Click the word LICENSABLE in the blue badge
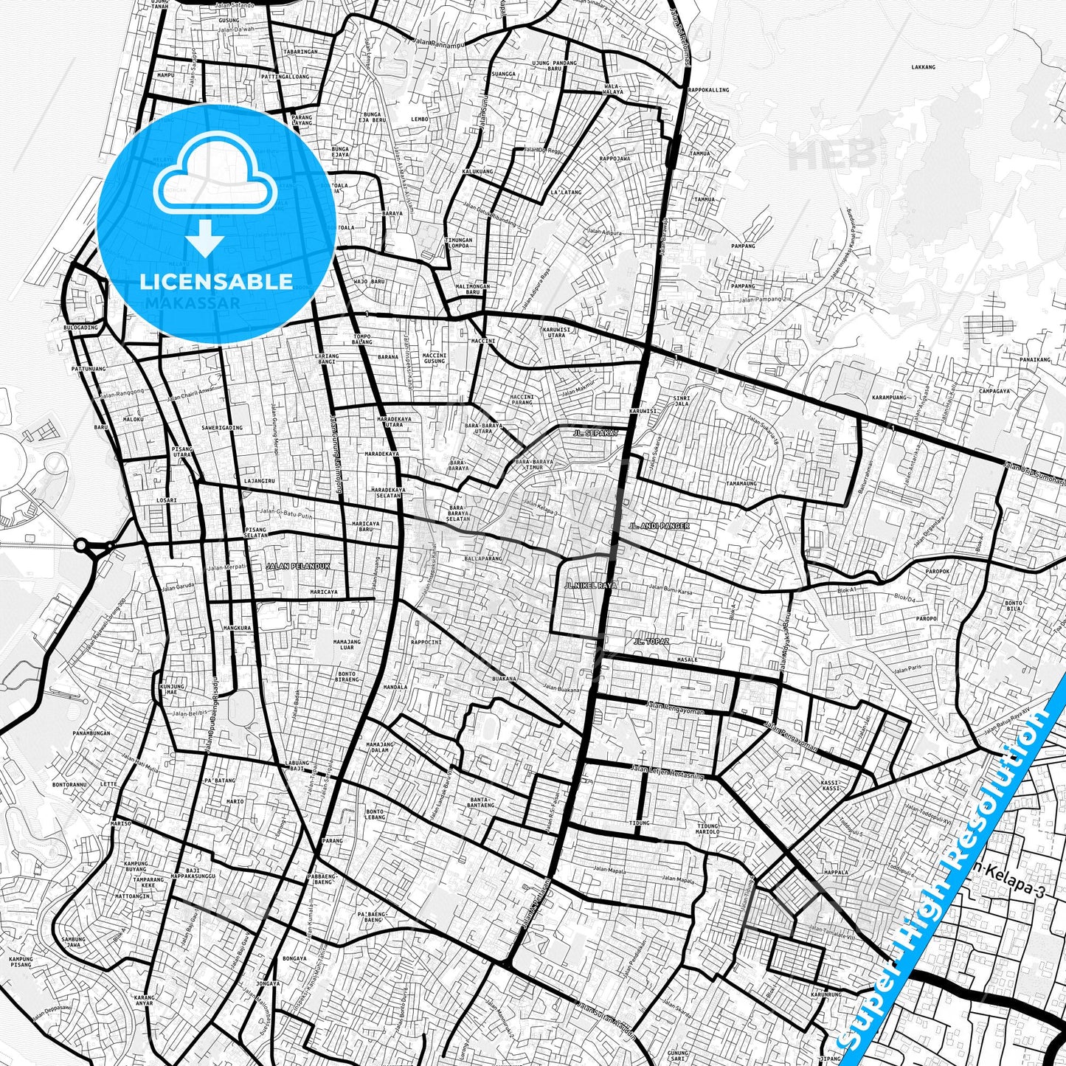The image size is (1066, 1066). [x=216, y=282]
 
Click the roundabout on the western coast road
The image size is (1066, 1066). [x=82, y=547]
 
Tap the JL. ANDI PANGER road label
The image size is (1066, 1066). [x=659, y=526]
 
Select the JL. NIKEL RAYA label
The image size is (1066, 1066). [x=589, y=585]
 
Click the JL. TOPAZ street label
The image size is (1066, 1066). [x=650, y=642]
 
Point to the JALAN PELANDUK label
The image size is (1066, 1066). [x=297, y=567]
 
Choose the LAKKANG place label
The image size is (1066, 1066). [x=923, y=67]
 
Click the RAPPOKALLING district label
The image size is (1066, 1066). [x=708, y=90]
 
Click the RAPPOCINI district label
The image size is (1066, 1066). [x=426, y=642]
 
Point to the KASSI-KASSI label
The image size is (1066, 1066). [x=830, y=785]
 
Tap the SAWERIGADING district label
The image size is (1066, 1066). [x=221, y=428]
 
